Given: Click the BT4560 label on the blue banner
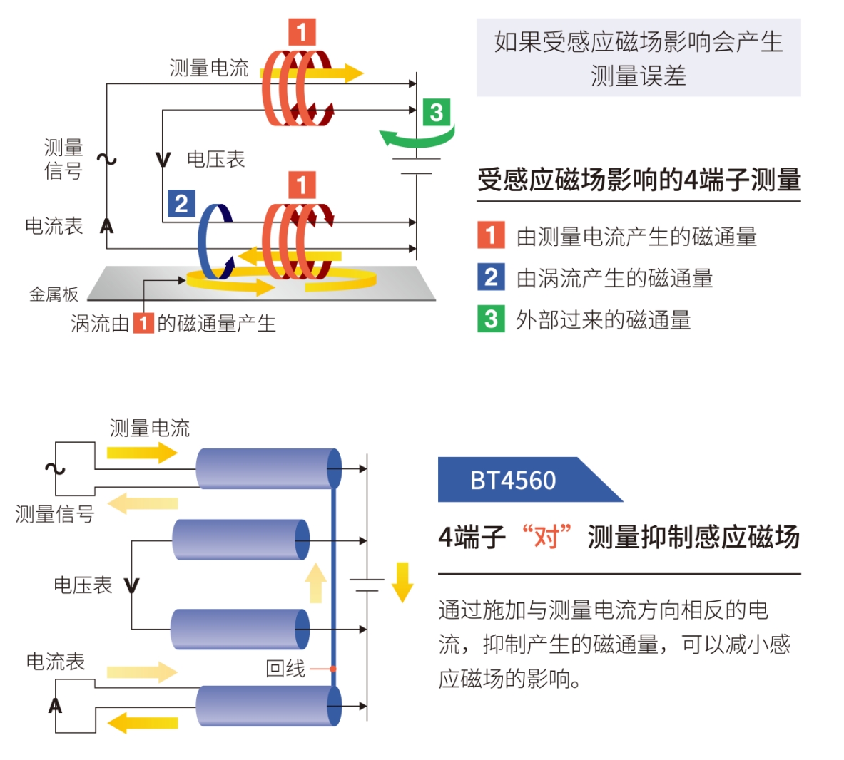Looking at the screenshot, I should pyautogui.click(x=512, y=481).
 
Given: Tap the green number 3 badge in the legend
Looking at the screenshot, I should pyautogui.click(x=490, y=319).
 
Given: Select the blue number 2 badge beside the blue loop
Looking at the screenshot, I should pyautogui.click(x=181, y=204).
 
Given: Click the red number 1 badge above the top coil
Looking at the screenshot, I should pyautogui.click(x=302, y=32).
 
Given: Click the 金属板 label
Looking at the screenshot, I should pyautogui.click(x=53, y=294).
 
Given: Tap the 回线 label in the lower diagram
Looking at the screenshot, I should pyautogui.click(x=285, y=668).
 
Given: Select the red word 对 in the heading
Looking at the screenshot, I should pyautogui.click(x=546, y=536).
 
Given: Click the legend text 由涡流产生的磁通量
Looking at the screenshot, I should pyautogui.click(x=614, y=278).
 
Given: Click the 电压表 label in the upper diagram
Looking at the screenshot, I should pyautogui.click(x=215, y=159).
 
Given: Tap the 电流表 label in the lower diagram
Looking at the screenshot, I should pyautogui.click(x=56, y=662).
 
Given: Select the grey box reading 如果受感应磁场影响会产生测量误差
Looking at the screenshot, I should pyautogui.click(x=638, y=58).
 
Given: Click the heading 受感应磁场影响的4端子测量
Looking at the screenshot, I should pyautogui.click(x=639, y=180).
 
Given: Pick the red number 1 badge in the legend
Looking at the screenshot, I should pyautogui.click(x=490, y=235).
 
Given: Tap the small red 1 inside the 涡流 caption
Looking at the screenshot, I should pyautogui.click(x=143, y=323).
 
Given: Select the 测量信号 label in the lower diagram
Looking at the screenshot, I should pyautogui.click(x=54, y=513).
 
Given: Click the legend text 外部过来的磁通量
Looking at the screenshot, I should pyautogui.click(x=604, y=320).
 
